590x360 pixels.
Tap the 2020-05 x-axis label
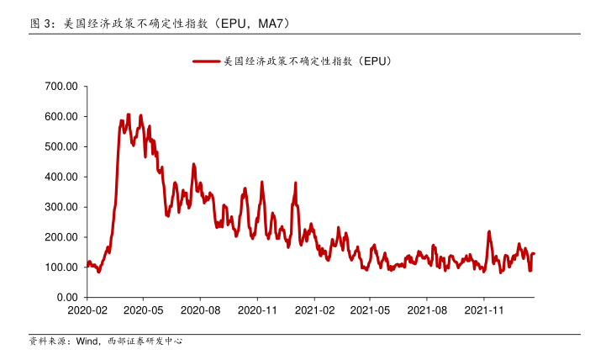pos(142,310)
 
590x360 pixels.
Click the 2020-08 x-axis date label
pos(199,310)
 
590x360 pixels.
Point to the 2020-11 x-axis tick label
pos(257,310)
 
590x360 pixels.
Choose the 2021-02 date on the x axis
pos(314,310)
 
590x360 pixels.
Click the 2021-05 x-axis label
pos(370,310)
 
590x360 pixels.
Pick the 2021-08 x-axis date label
pos(427,310)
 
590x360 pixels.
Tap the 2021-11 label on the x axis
pos(484,310)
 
